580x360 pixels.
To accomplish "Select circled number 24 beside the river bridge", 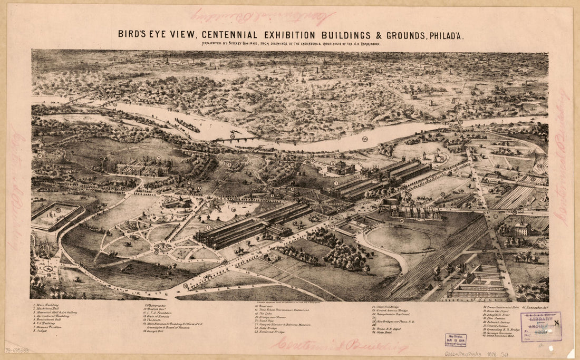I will coord(231,137).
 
